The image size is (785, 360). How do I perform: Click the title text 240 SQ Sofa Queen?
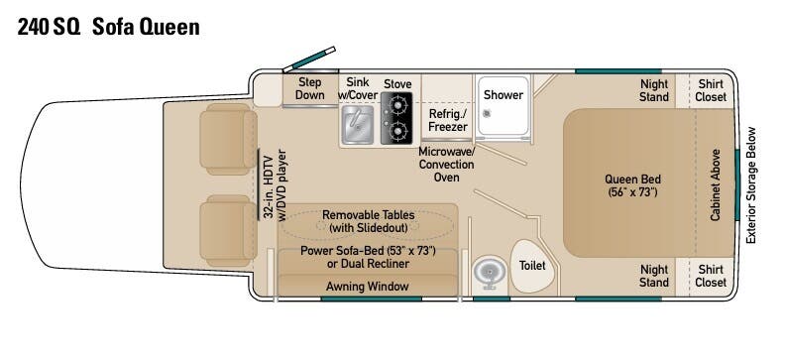pos(109,27)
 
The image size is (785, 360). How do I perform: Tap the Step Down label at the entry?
pos(309,88)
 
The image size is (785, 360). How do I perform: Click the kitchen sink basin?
pos(357,124)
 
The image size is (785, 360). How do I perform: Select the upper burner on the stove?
pos(398,105)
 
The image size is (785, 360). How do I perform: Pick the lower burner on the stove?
pos(398,132)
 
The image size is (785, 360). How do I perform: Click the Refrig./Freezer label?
pos(448,120)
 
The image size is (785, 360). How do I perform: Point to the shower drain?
pos(487,114)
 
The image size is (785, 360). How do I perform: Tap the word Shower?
pos(504,94)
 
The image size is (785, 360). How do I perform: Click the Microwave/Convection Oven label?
pos(446,165)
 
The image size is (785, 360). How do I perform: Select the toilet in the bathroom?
pos(532,266)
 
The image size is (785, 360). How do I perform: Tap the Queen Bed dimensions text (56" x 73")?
pos(632,191)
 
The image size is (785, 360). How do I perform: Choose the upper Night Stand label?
pos(654,90)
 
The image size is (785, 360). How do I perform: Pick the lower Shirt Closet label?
pos(711,276)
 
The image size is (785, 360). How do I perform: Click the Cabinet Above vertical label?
pos(716,184)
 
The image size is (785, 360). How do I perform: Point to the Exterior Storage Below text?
pos(750,185)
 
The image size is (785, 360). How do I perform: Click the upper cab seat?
pos(228,139)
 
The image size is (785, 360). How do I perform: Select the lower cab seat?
pos(228,231)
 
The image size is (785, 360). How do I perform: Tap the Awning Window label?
pos(368,287)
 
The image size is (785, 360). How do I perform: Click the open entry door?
pos(309,59)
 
